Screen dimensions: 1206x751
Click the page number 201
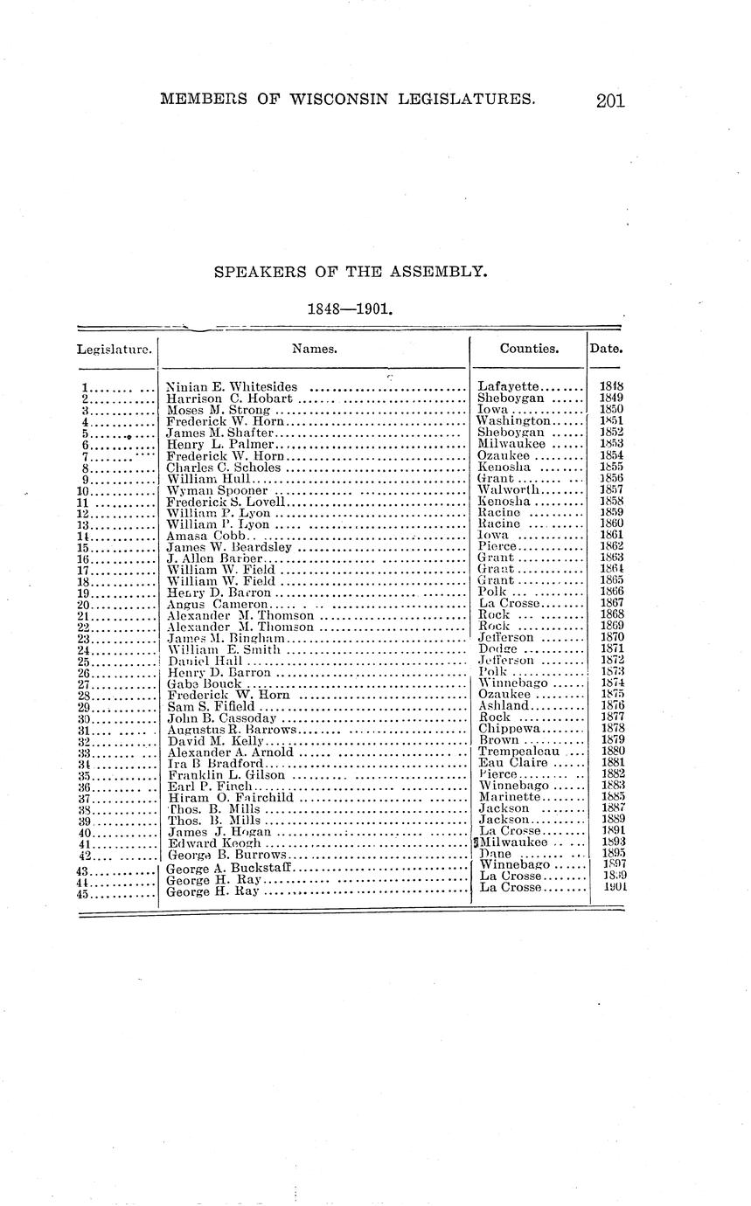pos(610,100)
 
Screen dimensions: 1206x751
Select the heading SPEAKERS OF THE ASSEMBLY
pos(350,272)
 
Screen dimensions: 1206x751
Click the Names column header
pos(315,348)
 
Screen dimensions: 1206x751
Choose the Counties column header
pos(529,348)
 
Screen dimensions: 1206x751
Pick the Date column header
pos(606,348)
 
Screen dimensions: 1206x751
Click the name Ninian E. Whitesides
pos(232,387)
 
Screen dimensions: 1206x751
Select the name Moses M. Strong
pos(219,410)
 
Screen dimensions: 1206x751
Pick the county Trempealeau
pos(519,752)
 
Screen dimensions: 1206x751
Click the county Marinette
pos(511,797)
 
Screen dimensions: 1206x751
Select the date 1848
pos(611,387)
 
